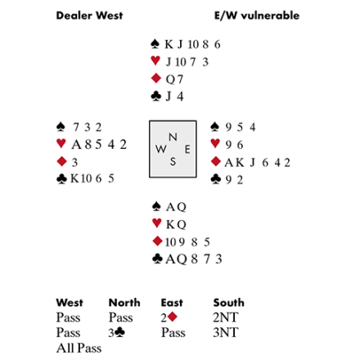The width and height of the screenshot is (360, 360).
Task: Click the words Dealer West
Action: tap(89, 16)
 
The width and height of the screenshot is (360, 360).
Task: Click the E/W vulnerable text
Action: tap(257, 16)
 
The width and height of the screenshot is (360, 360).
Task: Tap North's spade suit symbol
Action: tap(155, 44)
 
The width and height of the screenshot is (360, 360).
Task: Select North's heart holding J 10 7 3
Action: tap(187, 62)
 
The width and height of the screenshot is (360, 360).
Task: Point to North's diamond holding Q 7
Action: tap(174, 79)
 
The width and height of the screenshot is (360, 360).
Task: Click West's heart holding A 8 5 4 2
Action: tap(99, 145)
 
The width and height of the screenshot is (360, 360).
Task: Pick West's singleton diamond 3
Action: tap(74, 162)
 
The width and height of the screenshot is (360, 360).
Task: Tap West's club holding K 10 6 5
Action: tap(92, 178)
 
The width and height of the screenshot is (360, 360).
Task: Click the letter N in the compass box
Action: tap(173, 137)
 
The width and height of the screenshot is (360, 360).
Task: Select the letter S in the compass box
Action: tap(173, 162)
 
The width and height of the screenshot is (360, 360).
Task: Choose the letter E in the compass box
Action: tap(187, 150)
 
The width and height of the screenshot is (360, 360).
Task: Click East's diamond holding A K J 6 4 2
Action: tap(257, 163)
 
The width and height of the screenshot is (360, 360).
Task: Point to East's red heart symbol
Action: tap(215, 144)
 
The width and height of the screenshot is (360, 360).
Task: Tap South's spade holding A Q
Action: tap(176, 207)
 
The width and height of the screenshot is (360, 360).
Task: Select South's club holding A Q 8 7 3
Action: tap(194, 259)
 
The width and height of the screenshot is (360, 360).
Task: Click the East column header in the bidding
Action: tap(172, 303)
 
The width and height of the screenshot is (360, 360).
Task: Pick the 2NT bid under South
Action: tap(226, 317)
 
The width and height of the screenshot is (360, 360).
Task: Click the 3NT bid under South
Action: tap(226, 332)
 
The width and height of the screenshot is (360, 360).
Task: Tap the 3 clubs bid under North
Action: tap(117, 332)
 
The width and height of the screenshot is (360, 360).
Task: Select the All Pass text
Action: tap(79, 348)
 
